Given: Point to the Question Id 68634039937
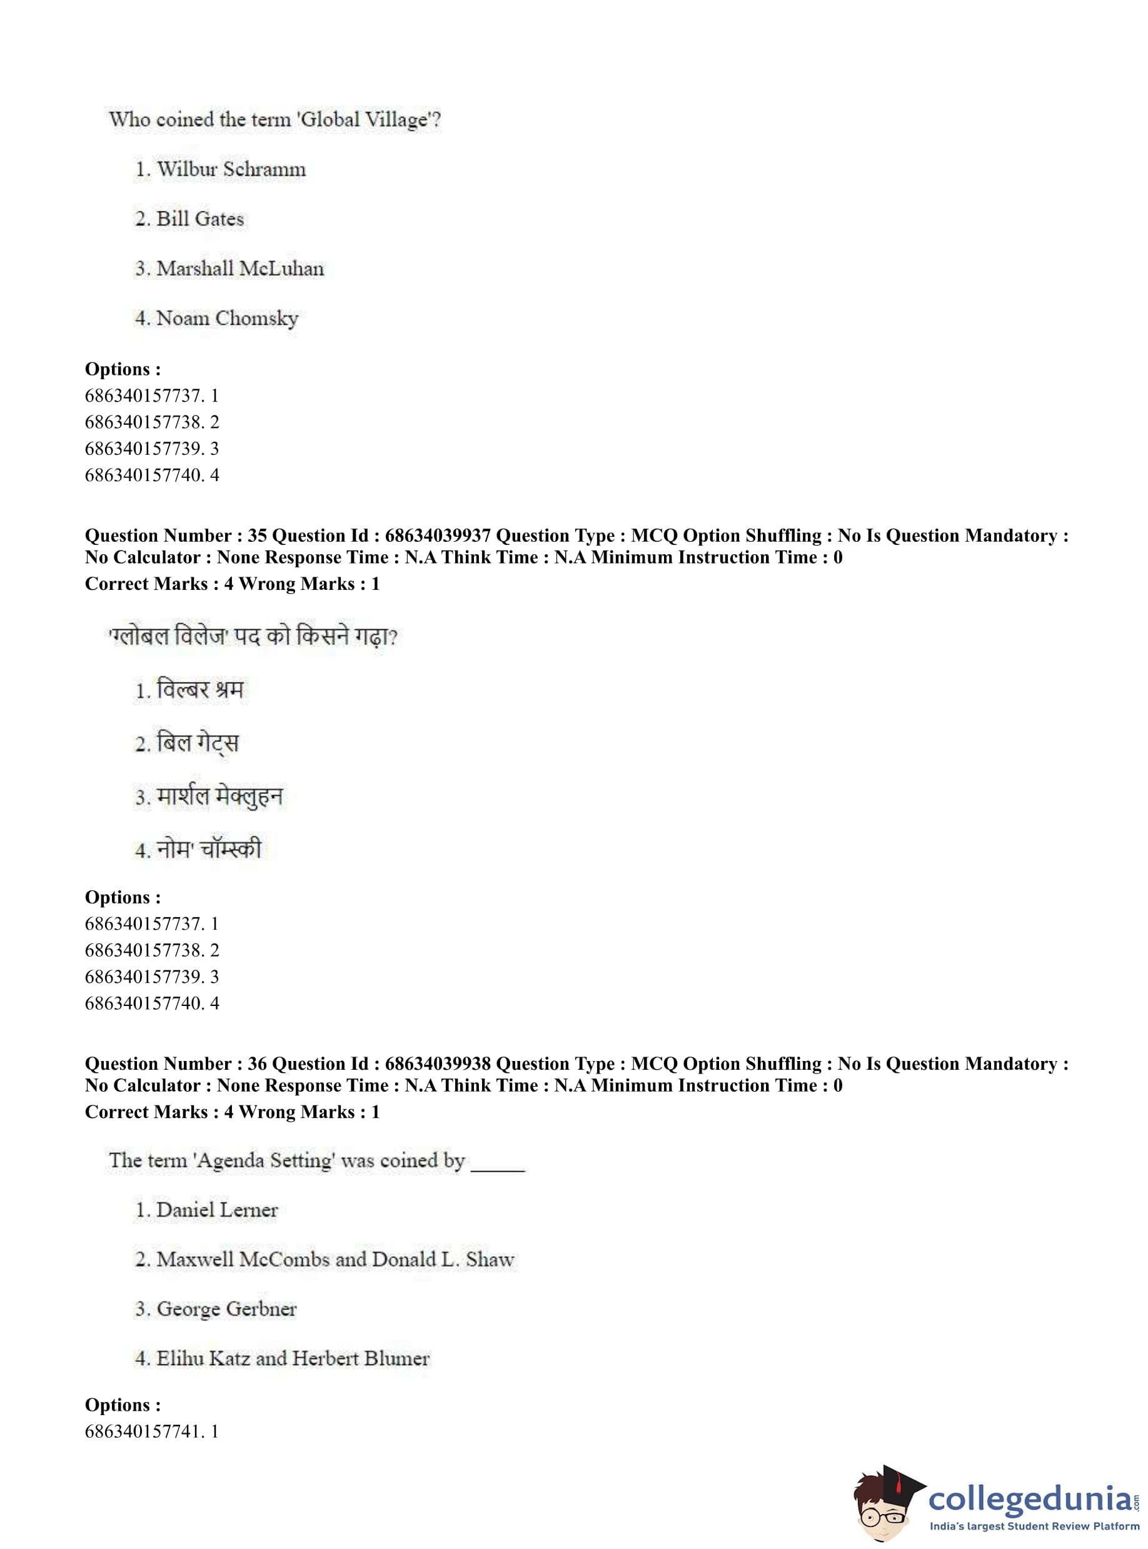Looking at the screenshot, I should tap(438, 536).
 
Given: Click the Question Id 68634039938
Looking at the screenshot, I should tap(438, 1064).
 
